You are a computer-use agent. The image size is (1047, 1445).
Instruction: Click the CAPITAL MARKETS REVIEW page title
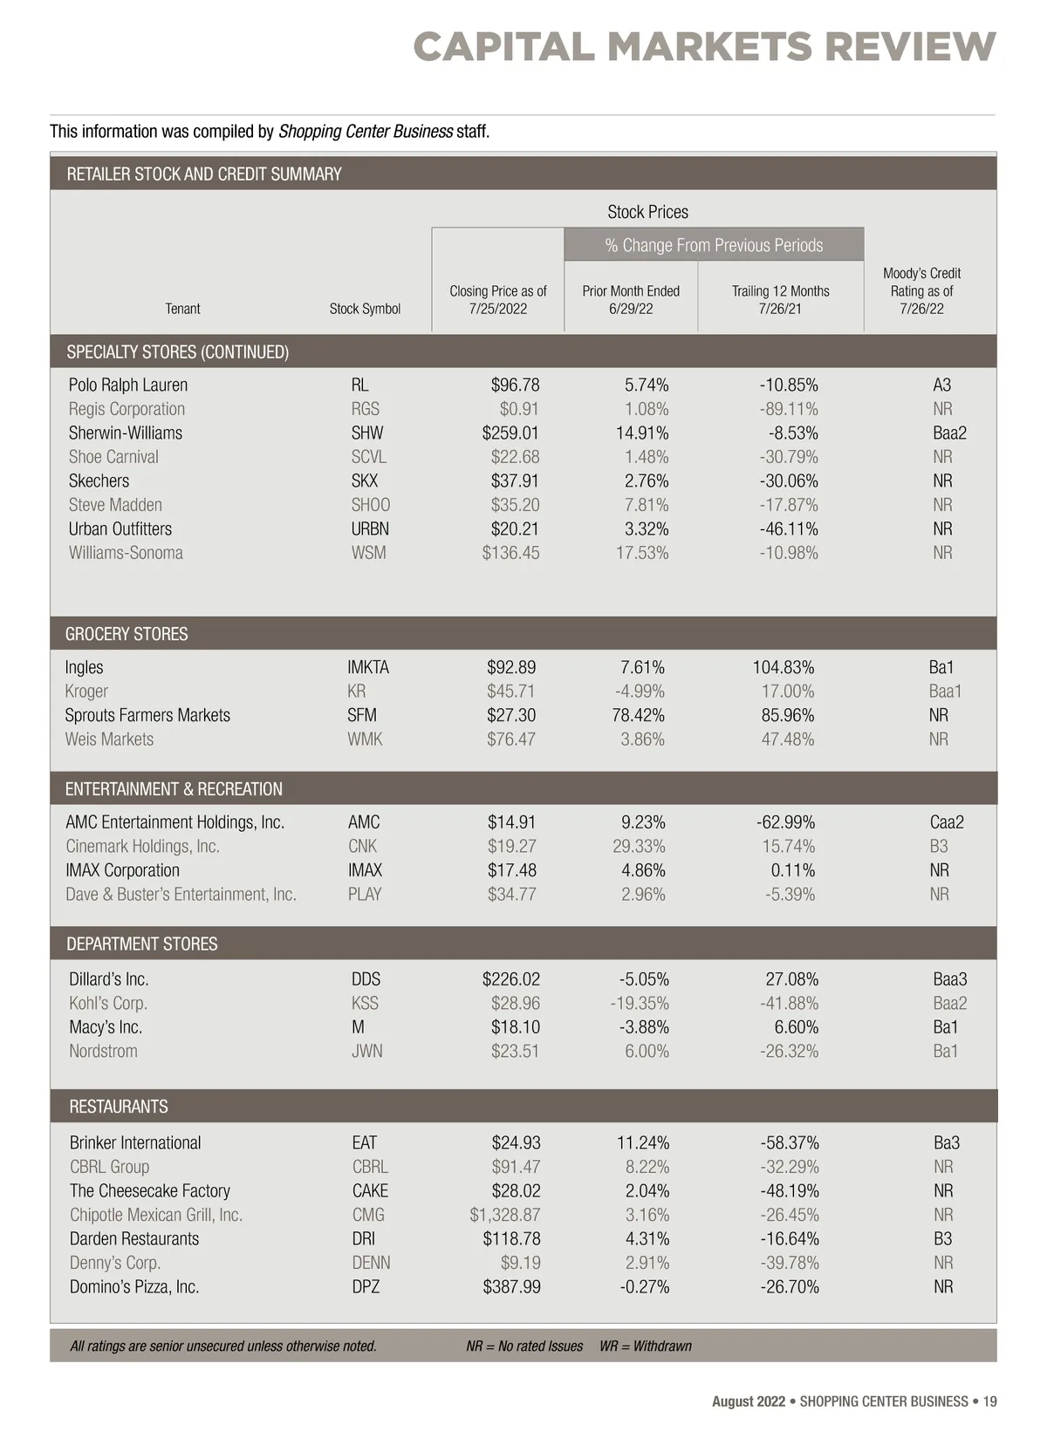(x=704, y=46)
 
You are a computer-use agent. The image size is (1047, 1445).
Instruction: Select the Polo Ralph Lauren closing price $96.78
(x=515, y=385)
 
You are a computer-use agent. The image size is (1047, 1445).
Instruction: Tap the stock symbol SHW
(x=367, y=433)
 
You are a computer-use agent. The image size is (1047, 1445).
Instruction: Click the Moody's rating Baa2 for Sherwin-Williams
(x=949, y=433)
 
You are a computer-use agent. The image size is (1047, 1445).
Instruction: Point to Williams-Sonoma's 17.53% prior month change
(x=642, y=553)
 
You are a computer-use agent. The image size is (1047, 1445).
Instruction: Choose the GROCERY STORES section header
(x=127, y=634)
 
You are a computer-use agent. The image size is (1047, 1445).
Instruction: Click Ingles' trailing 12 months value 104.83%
(x=784, y=668)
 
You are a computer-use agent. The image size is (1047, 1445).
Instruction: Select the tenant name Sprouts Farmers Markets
(x=147, y=716)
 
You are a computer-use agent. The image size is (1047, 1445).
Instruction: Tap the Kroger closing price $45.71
(x=511, y=692)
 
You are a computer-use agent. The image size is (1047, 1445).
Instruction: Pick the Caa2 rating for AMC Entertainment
(x=947, y=822)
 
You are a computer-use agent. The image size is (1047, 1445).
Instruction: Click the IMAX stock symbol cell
(x=365, y=870)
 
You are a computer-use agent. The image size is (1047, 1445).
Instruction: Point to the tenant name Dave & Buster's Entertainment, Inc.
(x=181, y=895)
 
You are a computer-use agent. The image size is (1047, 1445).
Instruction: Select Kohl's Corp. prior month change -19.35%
(x=640, y=1004)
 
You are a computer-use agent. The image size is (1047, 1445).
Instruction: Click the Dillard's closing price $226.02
(x=510, y=979)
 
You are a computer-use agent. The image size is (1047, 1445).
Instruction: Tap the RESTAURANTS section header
(x=119, y=1107)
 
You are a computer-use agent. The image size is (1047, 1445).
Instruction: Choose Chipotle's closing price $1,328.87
(x=505, y=1215)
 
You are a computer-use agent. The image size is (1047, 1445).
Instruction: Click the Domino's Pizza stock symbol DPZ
(x=366, y=1287)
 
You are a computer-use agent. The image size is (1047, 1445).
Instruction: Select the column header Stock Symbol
(x=365, y=309)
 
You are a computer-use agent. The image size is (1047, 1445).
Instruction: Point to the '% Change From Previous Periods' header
(x=714, y=245)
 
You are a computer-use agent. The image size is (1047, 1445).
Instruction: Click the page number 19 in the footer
(x=989, y=1401)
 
